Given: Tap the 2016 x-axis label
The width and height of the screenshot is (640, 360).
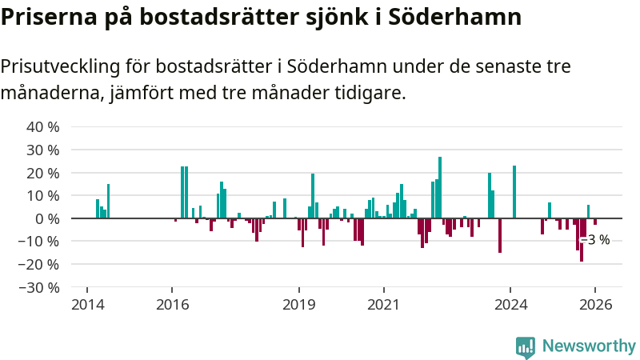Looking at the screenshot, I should pyautogui.click(x=171, y=305).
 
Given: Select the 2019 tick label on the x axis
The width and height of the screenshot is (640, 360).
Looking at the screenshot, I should pyautogui.click(x=299, y=305).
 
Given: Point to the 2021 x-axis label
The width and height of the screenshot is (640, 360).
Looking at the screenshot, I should pyautogui.click(x=384, y=305).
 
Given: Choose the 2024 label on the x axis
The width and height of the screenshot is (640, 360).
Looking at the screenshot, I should pyautogui.click(x=511, y=305).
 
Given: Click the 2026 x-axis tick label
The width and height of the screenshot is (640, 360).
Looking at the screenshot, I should pyautogui.click(x=596, y=305).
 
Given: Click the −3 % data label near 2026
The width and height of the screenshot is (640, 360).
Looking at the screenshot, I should pyautogui.click(x=596, y=240).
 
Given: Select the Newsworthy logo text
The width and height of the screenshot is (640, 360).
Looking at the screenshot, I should pyautogui.click(x=589, y=346).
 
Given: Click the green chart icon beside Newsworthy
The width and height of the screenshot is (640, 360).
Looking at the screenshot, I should pyautogui.click(x=526, y=346).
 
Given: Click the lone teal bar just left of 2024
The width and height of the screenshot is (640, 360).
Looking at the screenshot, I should pyautogui.click(x=514, y=192).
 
